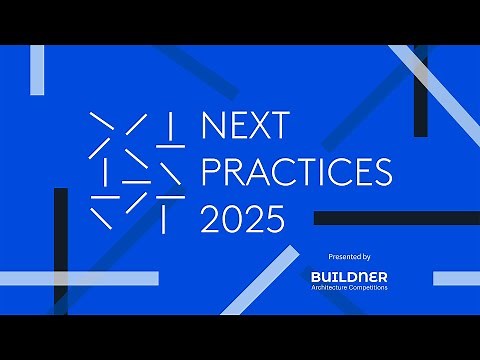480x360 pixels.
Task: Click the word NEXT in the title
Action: (245, 127)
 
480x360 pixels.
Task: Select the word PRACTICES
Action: (296, 172)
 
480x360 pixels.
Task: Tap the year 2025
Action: (243, 218)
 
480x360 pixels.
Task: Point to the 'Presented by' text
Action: (348, 257)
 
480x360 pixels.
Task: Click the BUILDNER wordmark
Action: (349, 276)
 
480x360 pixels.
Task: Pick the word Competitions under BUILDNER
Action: (366, 288)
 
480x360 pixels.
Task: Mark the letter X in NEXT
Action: (258, 127)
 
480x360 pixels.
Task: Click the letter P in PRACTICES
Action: (212, 172)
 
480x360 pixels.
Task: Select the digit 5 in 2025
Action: (275, 218)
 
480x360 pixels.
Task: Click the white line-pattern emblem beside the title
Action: (136, 170)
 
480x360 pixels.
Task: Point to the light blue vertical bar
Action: (37, 70)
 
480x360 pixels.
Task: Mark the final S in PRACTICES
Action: (381, 172)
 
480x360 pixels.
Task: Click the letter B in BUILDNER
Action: (316, 276)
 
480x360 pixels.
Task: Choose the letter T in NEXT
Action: (279, 127)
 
